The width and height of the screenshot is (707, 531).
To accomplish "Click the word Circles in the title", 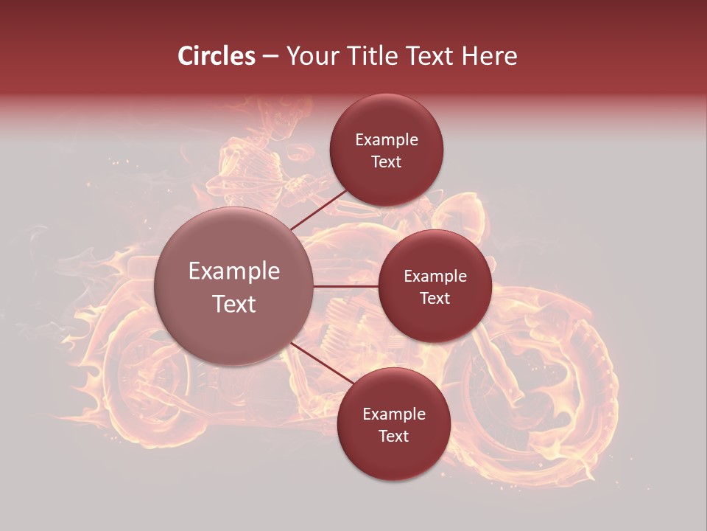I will pyautogui.click(x=217, y=56).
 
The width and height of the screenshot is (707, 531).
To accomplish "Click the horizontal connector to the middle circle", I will pyautogui.click(x=346, y=286).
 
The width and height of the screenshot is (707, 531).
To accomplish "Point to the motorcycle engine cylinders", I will pyautogui.click(x=342, y=324).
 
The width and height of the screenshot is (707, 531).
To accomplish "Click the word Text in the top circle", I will pyautogui.click(x=387, y=162).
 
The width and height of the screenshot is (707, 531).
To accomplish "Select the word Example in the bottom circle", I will pyautogui.click(x=394, y=414).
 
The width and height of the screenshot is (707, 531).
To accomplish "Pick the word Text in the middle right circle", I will pyautogui.click(x=435, y=298).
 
